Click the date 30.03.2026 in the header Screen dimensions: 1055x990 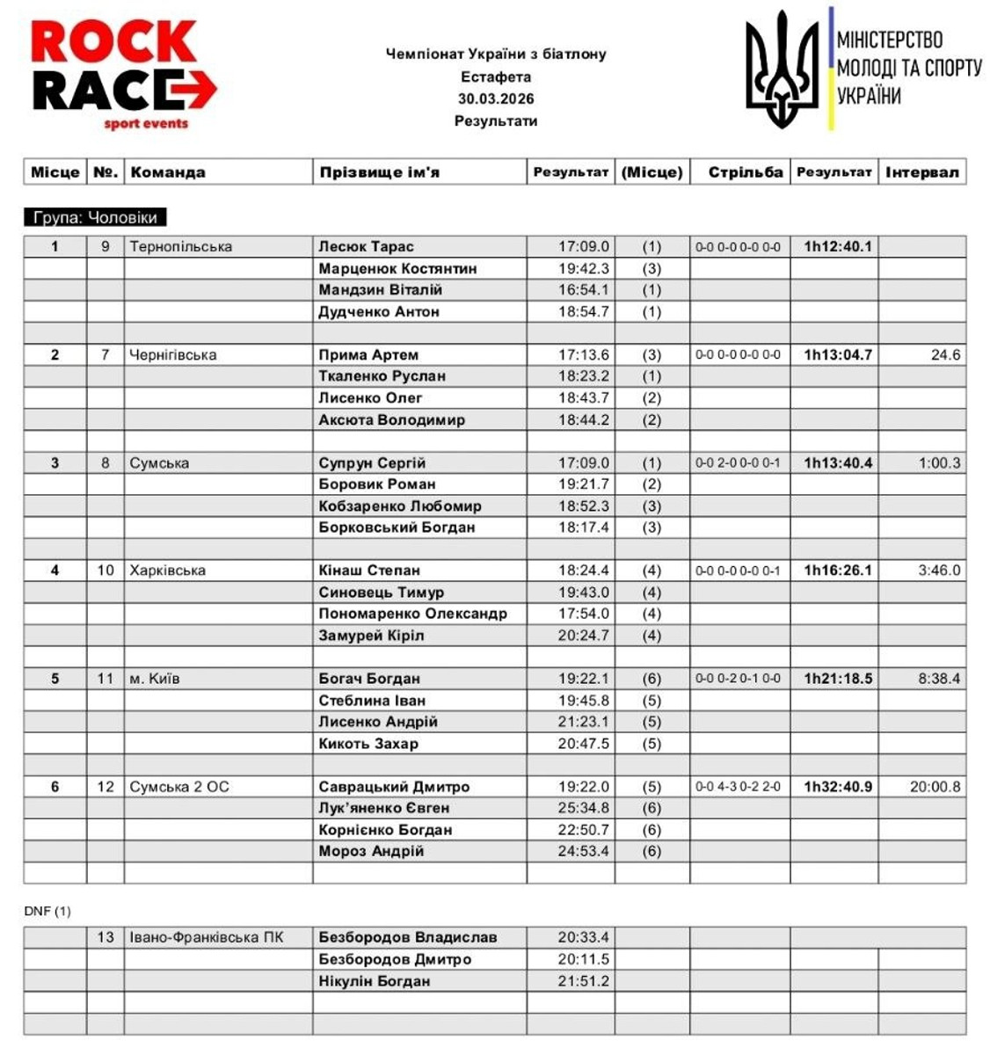tap(496, 98)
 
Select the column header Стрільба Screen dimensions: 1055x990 tap(745, 172)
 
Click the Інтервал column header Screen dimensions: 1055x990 tap(921, 172)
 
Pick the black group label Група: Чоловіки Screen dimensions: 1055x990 tap(95, 217)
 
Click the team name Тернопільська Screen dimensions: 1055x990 tap(181, 247)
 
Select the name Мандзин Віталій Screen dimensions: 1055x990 tap(380, 290)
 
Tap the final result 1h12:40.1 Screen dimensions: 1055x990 tap(837, 247)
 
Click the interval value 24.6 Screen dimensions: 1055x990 tap(945, 355)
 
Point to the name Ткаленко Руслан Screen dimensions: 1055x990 tap(382, 376)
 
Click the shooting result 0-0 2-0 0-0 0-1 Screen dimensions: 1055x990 tap(737, 463)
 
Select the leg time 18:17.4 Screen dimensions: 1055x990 tap(583, 527)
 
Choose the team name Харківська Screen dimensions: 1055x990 tap(168, 571)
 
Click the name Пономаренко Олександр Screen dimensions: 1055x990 tap(412, 614)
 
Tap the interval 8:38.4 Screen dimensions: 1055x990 tap(939, 679)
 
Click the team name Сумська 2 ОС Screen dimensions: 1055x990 tap(179, 787)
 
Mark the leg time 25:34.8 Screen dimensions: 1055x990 tap(583, 808)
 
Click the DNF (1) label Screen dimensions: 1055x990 tap(47, 912)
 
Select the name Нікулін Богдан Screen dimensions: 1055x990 tap(374, 981)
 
